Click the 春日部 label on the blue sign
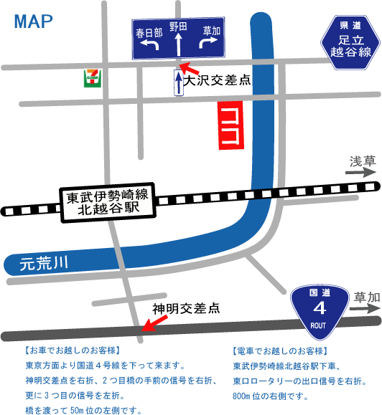(149, 33)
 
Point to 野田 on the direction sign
(178, 27)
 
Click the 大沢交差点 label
(218, 80)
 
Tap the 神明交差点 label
(186, 309)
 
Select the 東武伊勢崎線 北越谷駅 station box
(107, 202)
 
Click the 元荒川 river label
(43, 264)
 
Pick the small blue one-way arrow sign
(178, 83)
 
